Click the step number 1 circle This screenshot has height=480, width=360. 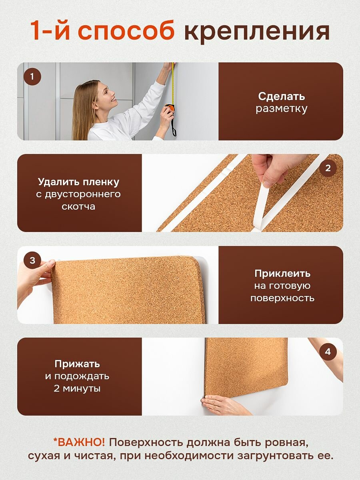tap(32, 77)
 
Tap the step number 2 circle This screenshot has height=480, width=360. tap(328, 168)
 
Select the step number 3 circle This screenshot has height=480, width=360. tap(32, 260)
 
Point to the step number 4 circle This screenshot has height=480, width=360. tap(328, 352)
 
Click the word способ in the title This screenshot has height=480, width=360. tap(126, 31)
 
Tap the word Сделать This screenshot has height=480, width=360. tap(281, 96)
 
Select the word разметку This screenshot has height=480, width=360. tap(282, 109)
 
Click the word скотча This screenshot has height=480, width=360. tap(78, 207)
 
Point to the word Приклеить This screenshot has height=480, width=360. tap(282, 273)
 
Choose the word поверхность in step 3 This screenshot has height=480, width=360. tap(282, 298)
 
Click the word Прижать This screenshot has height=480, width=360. tap(77, 364)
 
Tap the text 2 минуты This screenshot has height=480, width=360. tap(77, 388)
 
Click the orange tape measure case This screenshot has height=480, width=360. tap(170, 108)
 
